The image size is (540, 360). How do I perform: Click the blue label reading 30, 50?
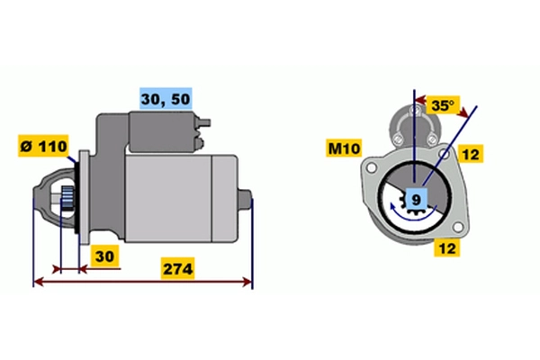click(x=166, y=98)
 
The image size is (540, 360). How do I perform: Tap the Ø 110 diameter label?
click(x=43, y=146)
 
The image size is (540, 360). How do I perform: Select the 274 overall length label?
click(x=177, y=268)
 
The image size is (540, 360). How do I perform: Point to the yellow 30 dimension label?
click(x=104, y=256)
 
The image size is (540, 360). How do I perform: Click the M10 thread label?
click(x=344, y=148)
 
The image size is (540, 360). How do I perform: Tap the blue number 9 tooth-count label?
click(x=417, y=200)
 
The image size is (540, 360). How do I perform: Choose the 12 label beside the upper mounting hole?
click(x=471, y=154)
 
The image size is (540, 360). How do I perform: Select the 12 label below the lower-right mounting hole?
click(x=447, y=247)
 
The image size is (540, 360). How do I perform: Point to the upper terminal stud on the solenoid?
click(x=204, y=122)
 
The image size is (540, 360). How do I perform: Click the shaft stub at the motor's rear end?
click(x=245, y=199)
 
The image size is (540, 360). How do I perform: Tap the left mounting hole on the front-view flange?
click(x=371, y=167)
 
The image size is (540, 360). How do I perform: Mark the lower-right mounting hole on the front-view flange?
click(x=457, y=227)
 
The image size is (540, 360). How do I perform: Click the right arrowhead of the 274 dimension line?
click(x=247, y=282)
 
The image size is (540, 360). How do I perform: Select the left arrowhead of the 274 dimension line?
click(x=39, y=282)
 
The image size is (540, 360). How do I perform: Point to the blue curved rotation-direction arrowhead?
click(x=393, y=207)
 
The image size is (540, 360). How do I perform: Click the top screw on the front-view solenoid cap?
click(x=415, y=110)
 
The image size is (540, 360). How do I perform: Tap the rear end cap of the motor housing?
click(x=224, y=199)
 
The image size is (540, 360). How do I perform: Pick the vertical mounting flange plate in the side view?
click(x=84, y=197)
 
